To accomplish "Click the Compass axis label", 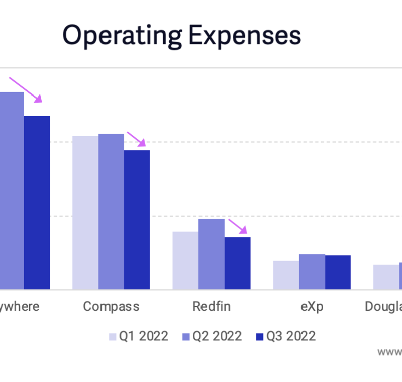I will pos(111,306).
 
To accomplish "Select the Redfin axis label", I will pos(212,306).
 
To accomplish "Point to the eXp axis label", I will pos(312,306).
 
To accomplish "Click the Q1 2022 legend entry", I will pos(138,336).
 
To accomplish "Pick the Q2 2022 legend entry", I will pos(212,336).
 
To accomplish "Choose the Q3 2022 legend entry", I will pos(285,336).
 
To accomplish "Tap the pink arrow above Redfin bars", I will pos(238,226).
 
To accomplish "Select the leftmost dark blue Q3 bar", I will pos(37,202).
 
